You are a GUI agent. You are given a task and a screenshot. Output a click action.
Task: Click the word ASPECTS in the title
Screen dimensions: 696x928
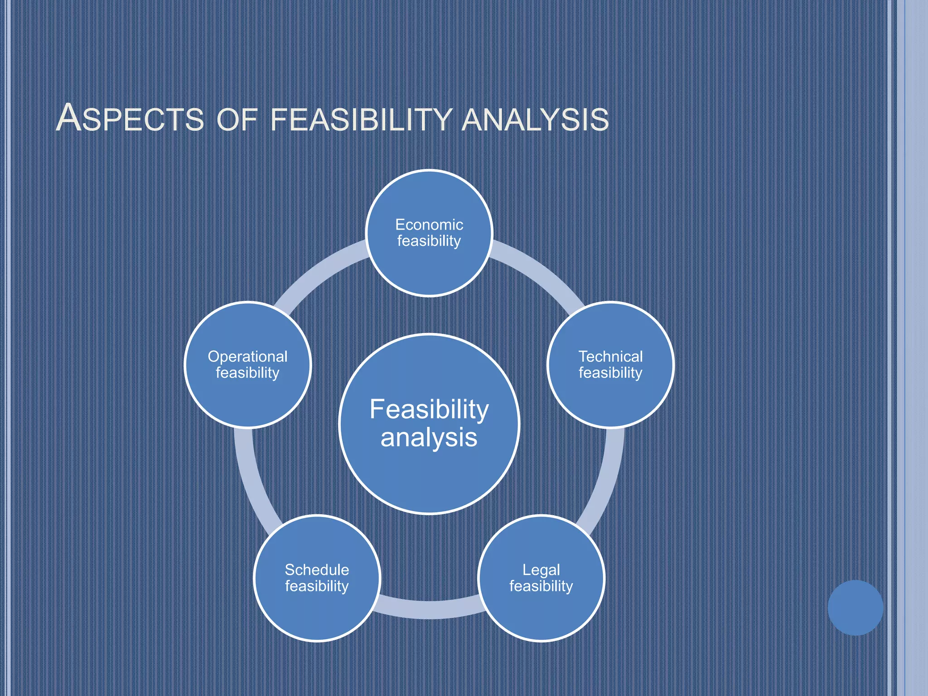(130, 119)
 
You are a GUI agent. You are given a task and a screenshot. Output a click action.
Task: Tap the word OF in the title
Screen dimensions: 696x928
(237, 120)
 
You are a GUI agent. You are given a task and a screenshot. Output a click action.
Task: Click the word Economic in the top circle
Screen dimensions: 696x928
(429, 225)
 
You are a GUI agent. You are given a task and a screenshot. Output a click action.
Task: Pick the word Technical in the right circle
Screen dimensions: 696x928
(610, 357)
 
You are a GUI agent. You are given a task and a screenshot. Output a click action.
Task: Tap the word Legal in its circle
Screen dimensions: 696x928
(541, 570)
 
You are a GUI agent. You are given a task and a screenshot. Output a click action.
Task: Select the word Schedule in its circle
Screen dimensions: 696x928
(317, 570)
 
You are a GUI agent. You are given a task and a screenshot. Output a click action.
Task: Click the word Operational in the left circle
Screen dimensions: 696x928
(247, 357)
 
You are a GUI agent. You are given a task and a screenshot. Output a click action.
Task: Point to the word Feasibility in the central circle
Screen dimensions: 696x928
(429, 409)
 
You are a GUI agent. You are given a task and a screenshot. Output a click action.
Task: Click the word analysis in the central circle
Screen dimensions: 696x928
(429, 438)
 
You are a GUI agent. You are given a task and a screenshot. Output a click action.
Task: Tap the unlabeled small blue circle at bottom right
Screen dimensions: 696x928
(855, 608)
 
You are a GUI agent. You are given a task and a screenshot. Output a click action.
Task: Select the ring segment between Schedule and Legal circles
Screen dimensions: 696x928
(429, 609)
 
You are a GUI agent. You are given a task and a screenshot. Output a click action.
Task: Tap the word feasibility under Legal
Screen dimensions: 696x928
(541, 586)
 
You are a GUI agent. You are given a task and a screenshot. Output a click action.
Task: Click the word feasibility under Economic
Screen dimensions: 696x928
(429, 241)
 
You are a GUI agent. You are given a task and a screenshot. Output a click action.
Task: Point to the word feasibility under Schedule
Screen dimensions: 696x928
(317, 586)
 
